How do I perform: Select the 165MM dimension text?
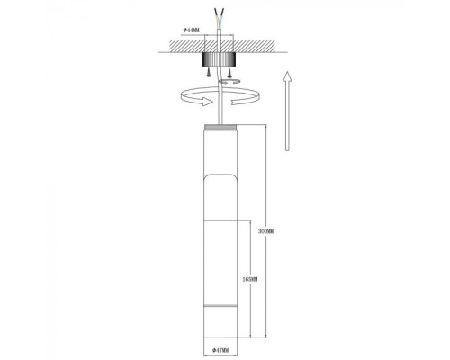[x=251, y=281]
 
